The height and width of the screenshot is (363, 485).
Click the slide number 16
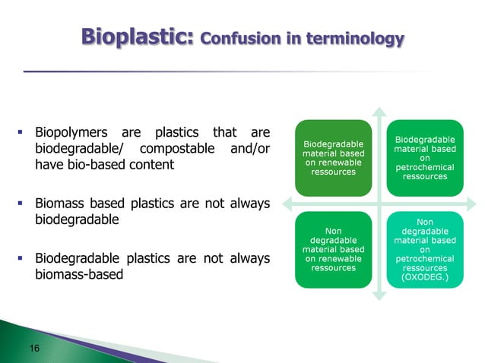[34, 348]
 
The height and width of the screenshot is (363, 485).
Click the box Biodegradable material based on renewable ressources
[333, 157]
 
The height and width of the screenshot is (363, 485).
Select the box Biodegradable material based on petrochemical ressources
[425, 157]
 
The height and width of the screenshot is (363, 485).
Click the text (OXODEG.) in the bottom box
[425, 278]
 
